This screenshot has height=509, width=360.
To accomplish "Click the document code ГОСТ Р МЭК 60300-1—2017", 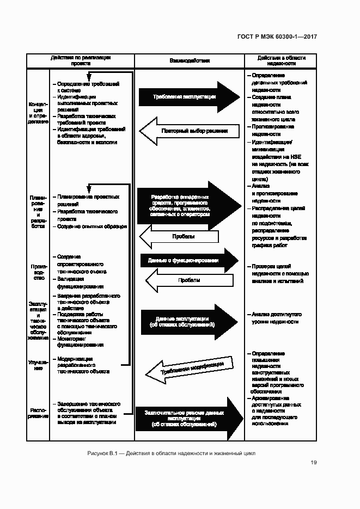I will click(x=277, y=37).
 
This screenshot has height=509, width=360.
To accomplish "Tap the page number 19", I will click(x=314, y=463).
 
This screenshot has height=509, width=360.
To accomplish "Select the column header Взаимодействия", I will click(x=189, y=61).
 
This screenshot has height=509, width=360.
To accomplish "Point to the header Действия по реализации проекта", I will click(x=81, y=60).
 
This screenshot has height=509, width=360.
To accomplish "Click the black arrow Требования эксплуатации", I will click(x=188, y=97).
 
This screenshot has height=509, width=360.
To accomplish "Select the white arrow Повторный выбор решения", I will click(x=188, y=131).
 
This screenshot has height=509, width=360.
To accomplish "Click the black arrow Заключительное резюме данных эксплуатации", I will click(x=188, y=417).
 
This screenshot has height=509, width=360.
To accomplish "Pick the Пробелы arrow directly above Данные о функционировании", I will click(x=180, y=237).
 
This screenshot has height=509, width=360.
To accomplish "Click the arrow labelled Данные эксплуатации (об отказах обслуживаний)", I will click(x=188, y=321).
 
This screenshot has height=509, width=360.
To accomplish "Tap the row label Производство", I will click(x=39, y=271).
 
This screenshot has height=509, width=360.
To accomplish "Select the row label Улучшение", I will click(x=39, y=365).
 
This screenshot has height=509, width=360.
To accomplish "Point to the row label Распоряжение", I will click(x=39, y=413).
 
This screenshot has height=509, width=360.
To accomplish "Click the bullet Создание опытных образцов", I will click(x=91, y=226).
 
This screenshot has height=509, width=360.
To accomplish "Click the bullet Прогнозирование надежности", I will click(x=269, y=130).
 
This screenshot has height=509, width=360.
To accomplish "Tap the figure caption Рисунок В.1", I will click(x=170, y=453).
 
